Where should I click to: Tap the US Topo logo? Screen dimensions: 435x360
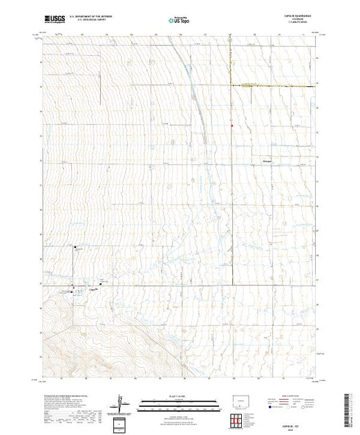point(180,21)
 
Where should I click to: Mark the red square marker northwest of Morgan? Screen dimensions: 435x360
point(232,126)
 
